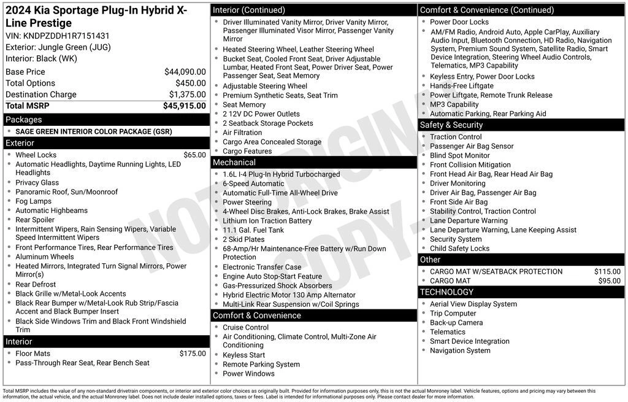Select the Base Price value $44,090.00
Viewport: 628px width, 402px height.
click(185, 72)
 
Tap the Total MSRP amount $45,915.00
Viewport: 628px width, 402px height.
click(184, 106)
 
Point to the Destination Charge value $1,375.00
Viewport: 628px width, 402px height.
click(187, 95)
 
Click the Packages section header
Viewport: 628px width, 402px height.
click(24, 120)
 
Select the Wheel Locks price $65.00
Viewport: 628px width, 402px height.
click(194, 155)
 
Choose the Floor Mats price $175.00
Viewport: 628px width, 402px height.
click(193, 354)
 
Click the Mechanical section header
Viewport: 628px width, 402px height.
click(234, 163)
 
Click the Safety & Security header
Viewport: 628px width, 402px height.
click(451, 125)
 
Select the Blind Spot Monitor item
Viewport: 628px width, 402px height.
click(460, 155)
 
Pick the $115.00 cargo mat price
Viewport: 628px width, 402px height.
click(607, 271)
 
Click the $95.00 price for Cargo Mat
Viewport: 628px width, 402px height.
click(609, 280)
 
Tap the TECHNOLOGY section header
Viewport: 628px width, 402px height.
click(447, 292)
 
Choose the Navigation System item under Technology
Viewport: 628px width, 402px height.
click(460, 350)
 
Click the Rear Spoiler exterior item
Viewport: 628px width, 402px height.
click(35, 220)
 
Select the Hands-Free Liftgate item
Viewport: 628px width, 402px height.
click(461, 86)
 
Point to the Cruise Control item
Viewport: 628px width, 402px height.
click(245, 327)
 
